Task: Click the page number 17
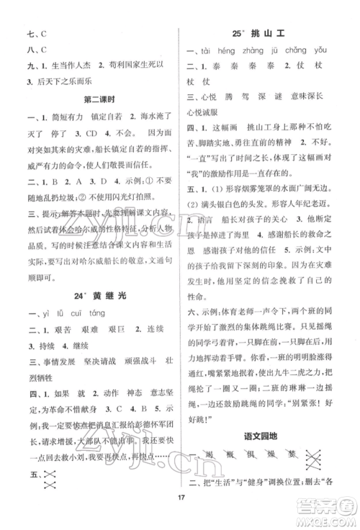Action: pos(179,513)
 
